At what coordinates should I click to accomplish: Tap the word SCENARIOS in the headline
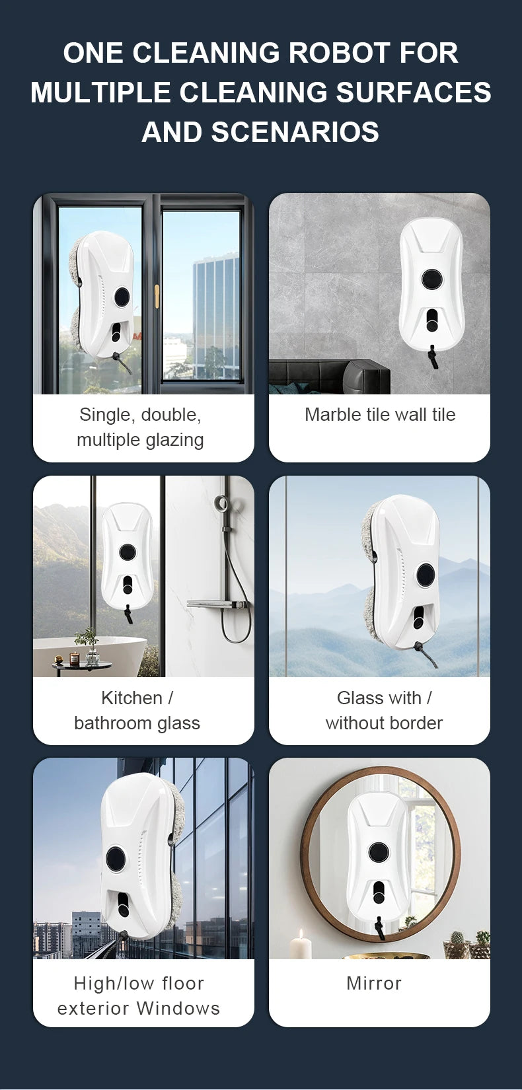point(295,132)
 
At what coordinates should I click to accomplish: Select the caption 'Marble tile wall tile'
point(380,415)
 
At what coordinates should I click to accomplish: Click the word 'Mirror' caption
point(374,983)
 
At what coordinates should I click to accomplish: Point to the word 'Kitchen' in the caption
point(131,698)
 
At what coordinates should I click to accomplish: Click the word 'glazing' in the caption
point(176,440)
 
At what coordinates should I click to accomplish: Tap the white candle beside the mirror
point(301,945)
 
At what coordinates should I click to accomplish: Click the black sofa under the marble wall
point(330,377)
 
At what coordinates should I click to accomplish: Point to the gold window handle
point(157,297)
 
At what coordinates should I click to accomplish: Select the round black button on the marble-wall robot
point(431,279)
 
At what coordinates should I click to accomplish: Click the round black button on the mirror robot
point(379,852)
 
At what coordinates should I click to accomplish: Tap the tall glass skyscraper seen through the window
point(215,310)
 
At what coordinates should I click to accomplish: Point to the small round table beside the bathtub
point(82,665)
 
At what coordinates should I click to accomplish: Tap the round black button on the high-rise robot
point(116,859)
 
